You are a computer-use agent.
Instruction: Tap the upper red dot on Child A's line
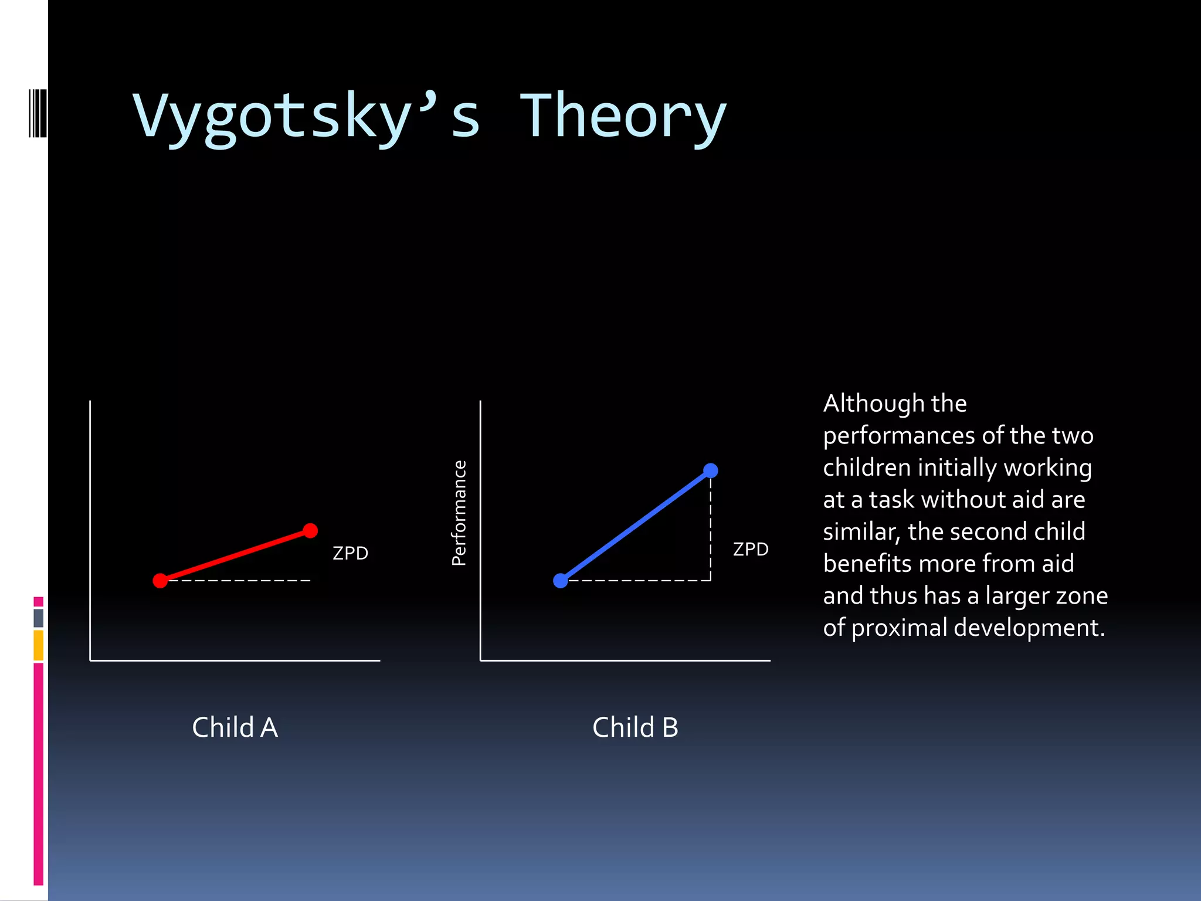click(310, 531)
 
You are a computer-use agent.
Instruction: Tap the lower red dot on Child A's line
click(160, 581)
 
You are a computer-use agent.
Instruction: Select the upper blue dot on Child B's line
click(710, 470)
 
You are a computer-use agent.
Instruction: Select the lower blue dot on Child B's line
click(561, 581)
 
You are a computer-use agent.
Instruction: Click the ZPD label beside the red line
click(350, 553)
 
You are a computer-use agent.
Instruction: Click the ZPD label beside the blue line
click(751, 550)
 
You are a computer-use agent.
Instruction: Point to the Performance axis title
click(459, 513)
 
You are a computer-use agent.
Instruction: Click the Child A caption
click(235, 727)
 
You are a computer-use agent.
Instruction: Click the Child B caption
click(635, 727)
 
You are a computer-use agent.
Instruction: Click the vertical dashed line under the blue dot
click(710, 528)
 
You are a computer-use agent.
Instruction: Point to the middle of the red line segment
click(235, 555)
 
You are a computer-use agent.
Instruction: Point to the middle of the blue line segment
click(636, 526)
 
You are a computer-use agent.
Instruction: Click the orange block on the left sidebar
click(39, 645)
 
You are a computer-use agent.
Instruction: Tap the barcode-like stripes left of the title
click(38, 113)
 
